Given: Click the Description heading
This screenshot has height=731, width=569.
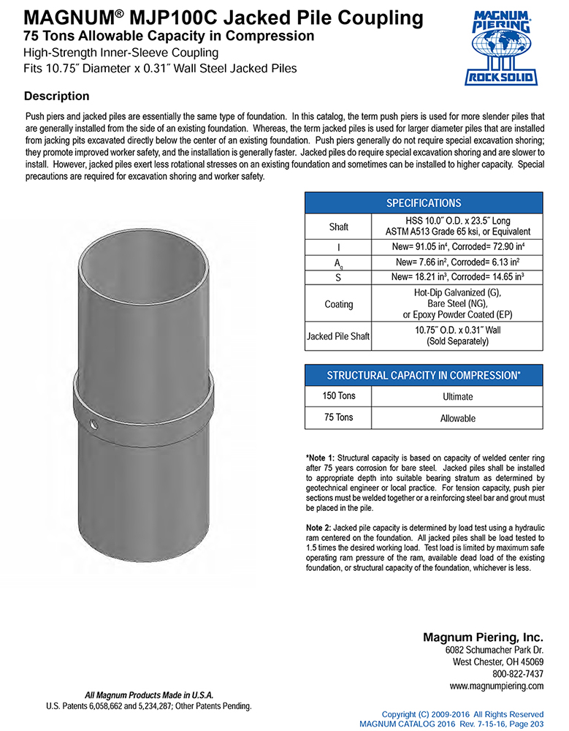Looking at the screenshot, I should pyautogui.click(x=57, y=96).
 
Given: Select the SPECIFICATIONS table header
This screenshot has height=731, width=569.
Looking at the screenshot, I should pyautogui.click(x=423, y=202).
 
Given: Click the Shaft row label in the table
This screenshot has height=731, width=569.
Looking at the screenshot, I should pyautogui.click(x=338, y=227).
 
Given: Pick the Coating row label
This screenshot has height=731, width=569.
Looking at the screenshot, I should pyautogui.click(x=338, y=304).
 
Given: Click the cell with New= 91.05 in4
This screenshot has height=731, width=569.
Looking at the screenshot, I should pyautogui.click(x=457, y=248).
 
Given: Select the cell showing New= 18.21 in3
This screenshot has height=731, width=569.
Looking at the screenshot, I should pyautogui.click(x=457, y=278).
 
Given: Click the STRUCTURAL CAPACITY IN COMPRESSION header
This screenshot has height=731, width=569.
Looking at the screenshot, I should pyautogui.click(x=423, y=375).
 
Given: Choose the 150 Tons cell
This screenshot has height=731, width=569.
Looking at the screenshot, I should pyautogui.click(x=338, y=395).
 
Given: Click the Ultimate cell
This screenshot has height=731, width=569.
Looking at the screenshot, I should pyautogui.click(x=457, y=396).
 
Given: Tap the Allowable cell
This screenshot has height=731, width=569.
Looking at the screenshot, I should pyautogui.click(x=457, y=418).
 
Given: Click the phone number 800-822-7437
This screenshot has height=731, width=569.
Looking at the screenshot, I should pyautogui.click(x=518, y=673).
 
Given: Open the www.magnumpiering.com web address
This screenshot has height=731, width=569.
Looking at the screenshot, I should pyautogui.click(x=497, y=686).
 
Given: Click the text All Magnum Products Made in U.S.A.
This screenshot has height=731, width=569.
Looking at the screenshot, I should pyautogui.click(x=149, y=694).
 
